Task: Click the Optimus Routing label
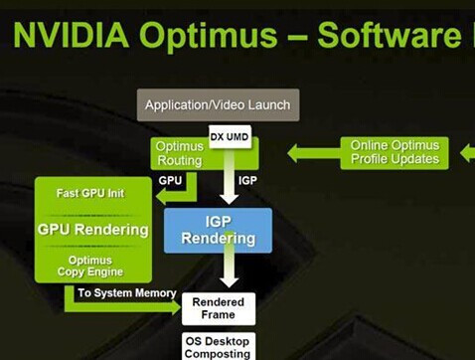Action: tap(179, 153)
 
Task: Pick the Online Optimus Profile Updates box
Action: tap(395, 152)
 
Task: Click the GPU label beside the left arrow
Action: tap(170, 180)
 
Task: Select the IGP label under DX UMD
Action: tap(247, 180)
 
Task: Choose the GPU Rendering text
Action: tap(92, 230)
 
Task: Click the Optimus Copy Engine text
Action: tap(96, 266)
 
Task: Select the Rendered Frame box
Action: tap(218, 308)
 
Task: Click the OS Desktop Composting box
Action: tap(219, 346)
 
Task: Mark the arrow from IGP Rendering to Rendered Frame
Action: tap(230, 270)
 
